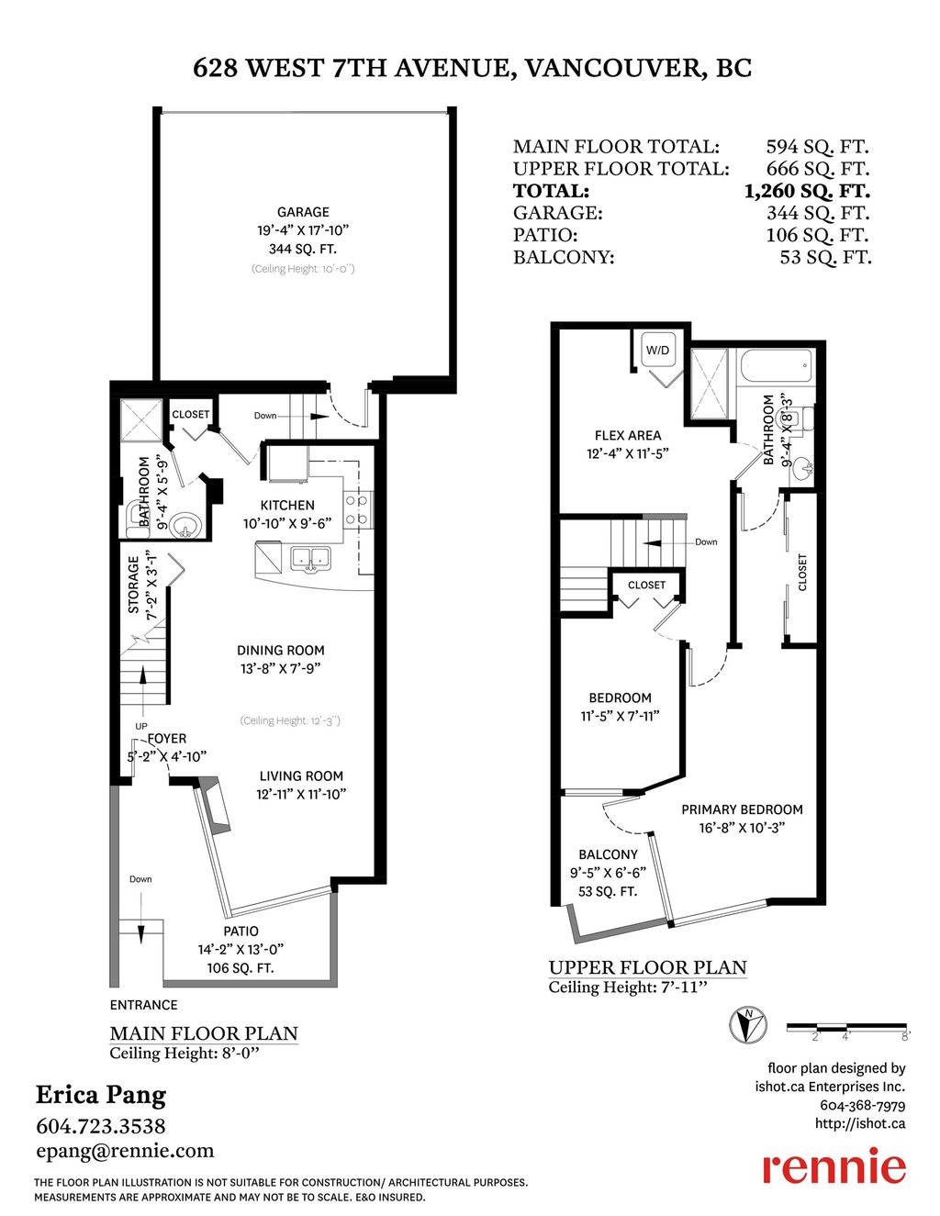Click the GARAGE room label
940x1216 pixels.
point(303,212)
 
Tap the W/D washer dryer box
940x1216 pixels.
point(657,351)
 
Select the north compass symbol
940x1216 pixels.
point(748,1024)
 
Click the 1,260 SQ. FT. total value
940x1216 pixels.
point(806,191)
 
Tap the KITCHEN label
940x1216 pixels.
point(287,505)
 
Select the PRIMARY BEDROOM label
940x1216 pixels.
point(742,809)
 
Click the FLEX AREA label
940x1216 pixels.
point(628,435)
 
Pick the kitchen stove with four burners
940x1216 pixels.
point(357,510)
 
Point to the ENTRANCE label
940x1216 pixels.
point(143,1005)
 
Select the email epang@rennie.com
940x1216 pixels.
point(125,1151)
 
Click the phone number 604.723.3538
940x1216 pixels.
point(101,1125)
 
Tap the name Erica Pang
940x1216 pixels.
point(101,1095)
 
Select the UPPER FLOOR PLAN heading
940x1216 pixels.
point(647,967)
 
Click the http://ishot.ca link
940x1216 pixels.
point(859,1123)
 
